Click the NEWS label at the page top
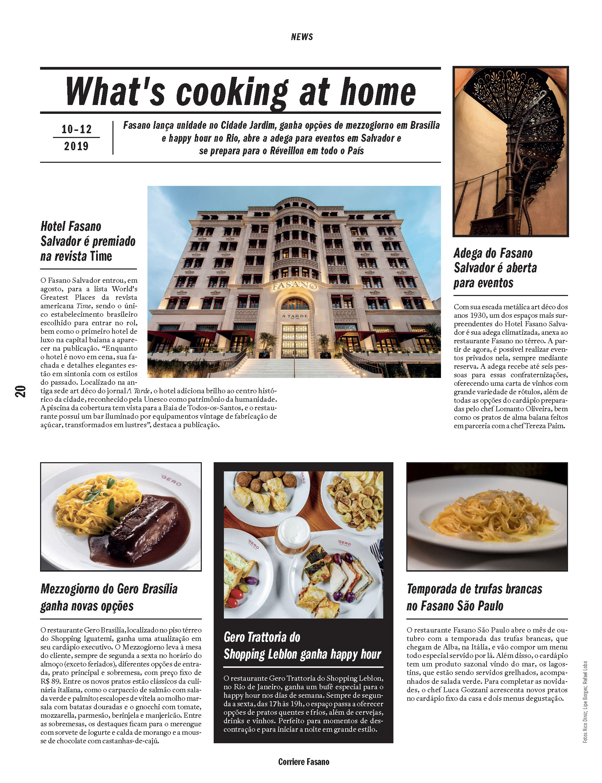point(302,37)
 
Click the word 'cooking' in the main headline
point(232,92)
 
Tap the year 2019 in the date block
point(76,146)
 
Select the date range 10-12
point(76,129)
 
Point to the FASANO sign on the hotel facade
point(294,285)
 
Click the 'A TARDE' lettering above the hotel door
point(295,316)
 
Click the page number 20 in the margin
point(20,391)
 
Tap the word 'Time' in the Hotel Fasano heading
point(101,257)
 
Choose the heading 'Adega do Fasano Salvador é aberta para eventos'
point(495,268)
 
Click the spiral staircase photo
point(511,151)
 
